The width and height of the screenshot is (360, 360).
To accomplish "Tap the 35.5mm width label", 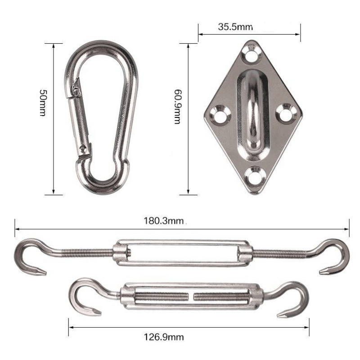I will tap(235, 27).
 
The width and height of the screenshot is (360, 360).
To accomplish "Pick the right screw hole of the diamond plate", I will tap(287, 113).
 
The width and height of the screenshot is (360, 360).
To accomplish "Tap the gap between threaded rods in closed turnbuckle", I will tap(192, 297).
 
